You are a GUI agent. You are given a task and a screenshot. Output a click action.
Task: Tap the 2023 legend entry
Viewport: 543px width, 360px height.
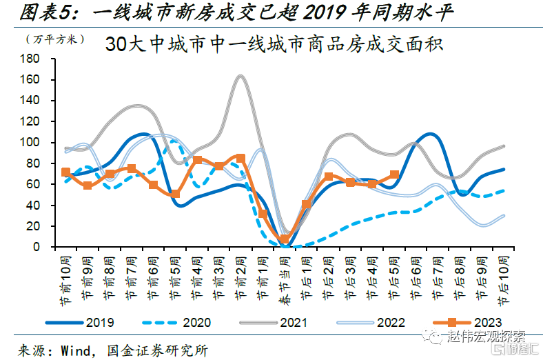(469, 321)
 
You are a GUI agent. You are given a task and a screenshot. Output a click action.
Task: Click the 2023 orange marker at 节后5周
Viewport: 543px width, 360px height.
(394, 175)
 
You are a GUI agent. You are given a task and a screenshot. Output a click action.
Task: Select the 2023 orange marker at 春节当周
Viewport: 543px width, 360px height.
(285, 239)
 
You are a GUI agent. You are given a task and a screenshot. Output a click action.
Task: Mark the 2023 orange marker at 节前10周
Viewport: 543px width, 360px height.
(65, 172)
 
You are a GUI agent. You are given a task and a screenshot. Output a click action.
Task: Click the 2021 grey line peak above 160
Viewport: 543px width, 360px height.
(240, 76)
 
